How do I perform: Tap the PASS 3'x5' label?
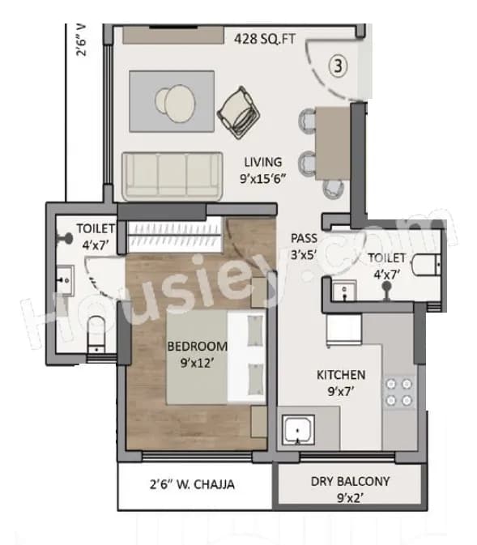305,245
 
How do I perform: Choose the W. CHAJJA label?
193,485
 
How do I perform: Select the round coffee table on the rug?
173,100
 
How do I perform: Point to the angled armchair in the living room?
241,109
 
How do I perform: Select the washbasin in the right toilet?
344,289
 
